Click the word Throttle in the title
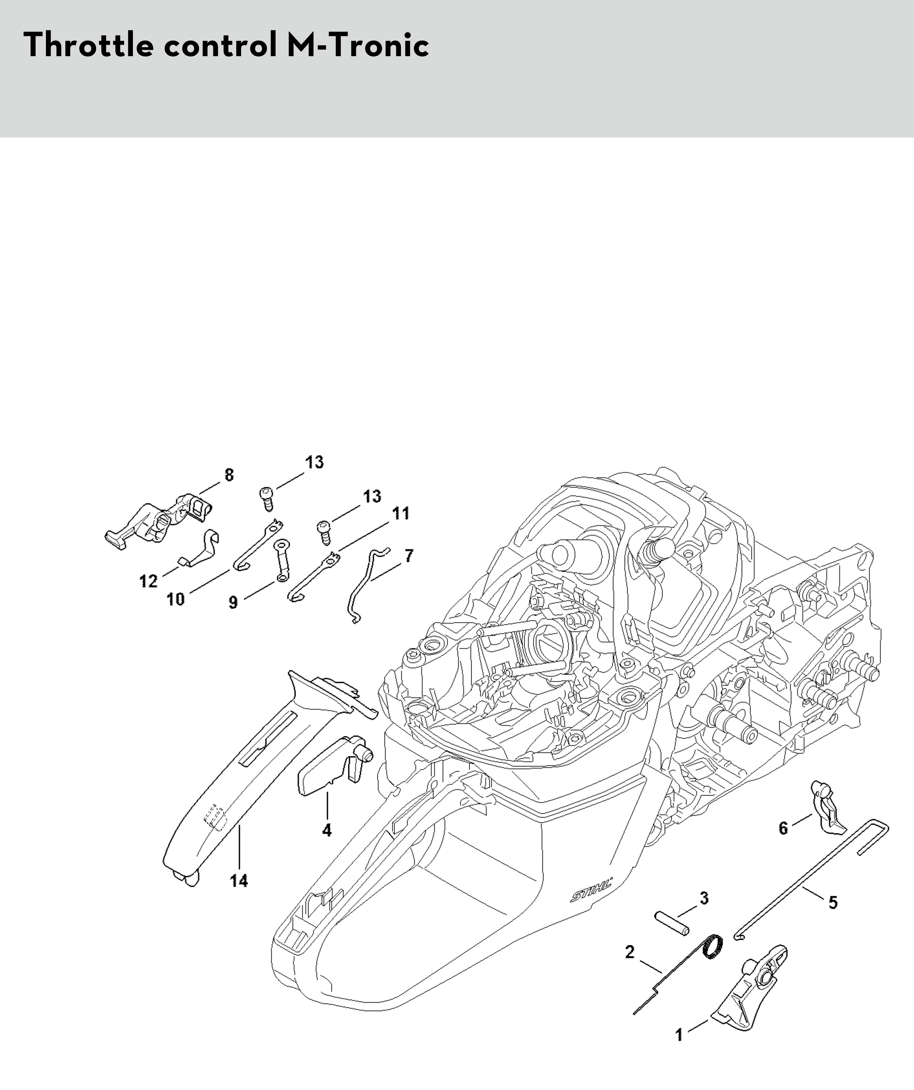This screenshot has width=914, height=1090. coord(89,46)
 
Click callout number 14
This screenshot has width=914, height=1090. coord(239,881)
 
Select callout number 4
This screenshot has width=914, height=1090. coord(327,830)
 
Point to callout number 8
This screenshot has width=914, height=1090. coord(229,474)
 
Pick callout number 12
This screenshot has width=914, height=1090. coord(149,581)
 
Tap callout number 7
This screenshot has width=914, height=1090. coord(409,556)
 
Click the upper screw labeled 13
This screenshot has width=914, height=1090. coord(267,496)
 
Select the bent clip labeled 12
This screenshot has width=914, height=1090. coord(204,550)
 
